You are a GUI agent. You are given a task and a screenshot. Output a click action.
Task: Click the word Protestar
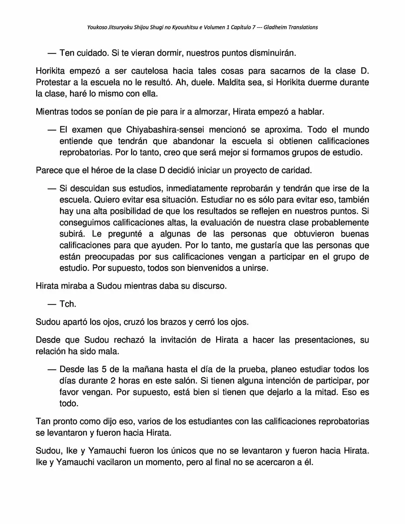pyautogui.click(x=52, y=82)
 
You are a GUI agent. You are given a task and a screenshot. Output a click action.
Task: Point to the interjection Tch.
pyautogui.click(x=68, y=304)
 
